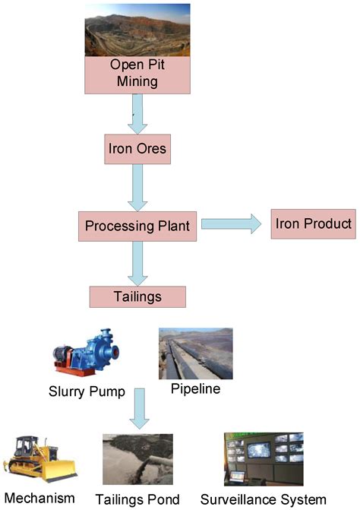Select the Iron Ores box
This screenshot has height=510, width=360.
pos(135,149)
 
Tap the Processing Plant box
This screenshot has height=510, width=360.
pos(137,226)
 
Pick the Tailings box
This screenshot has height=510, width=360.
pos(137,296)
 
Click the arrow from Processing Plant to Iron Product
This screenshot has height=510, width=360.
pos(230,224)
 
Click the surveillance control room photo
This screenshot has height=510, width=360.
pos(263,458)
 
